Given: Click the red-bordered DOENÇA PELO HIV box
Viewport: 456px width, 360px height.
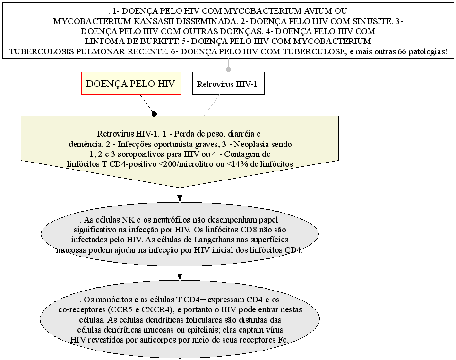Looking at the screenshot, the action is click(131, 84).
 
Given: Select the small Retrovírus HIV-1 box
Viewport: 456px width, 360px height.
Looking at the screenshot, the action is click(228, 84).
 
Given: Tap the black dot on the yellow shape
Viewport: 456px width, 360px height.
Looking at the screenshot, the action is click(155, 114).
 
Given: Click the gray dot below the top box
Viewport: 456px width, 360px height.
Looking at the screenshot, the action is click(229, 69).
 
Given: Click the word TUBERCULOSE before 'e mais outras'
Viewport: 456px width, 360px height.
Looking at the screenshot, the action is click(314, 52).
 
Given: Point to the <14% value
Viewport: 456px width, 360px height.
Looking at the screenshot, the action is click(237, 164).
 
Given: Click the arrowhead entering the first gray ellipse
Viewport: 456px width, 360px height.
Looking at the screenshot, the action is click(180, 198).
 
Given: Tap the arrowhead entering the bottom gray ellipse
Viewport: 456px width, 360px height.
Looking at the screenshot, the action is click(180, 277).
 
